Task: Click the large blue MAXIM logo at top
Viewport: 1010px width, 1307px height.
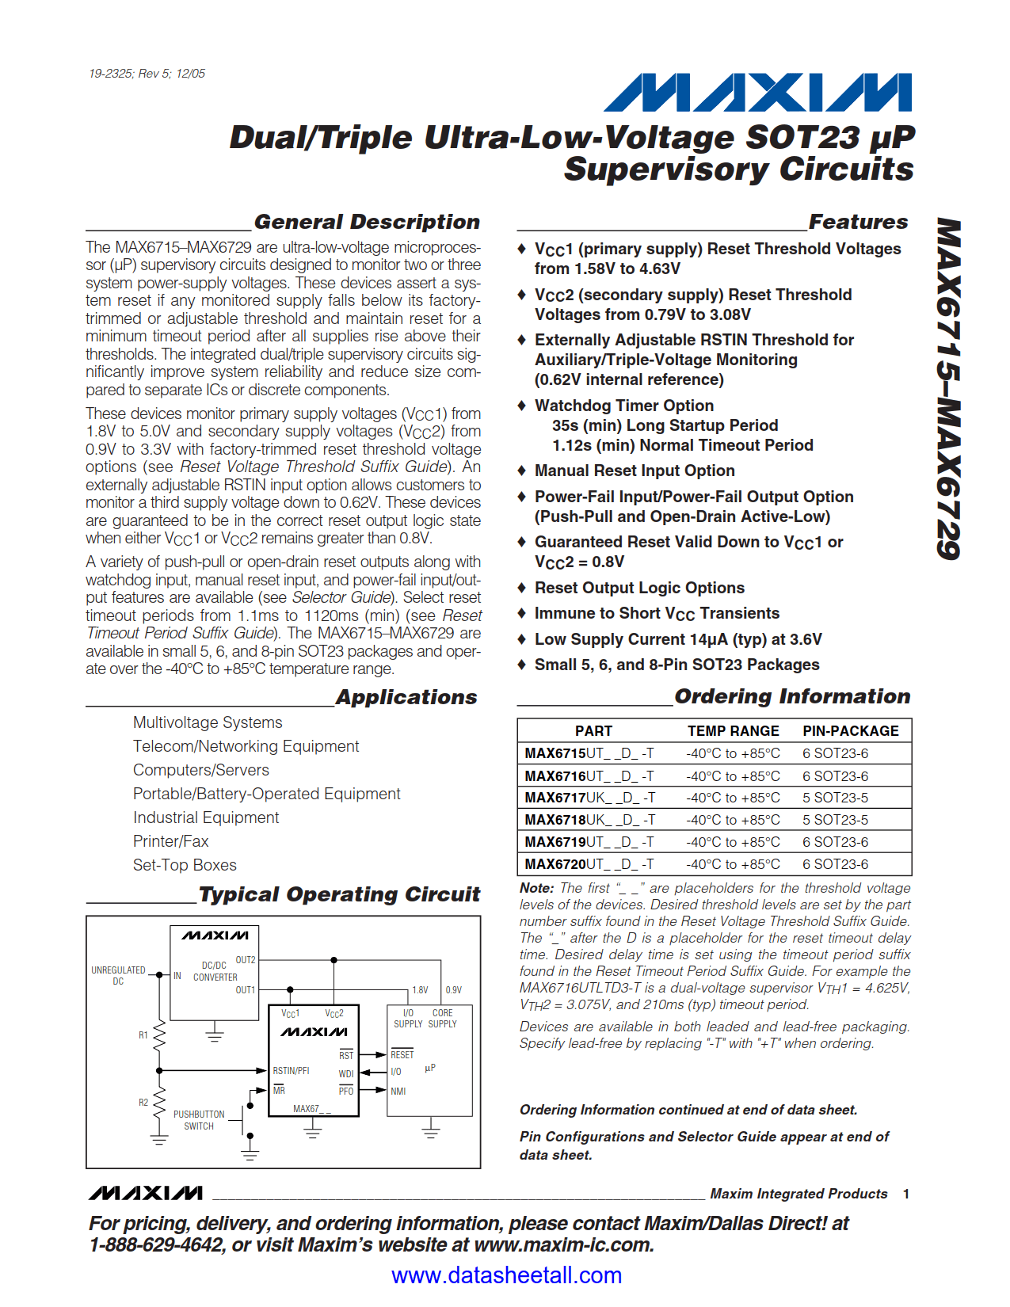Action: point(757,93)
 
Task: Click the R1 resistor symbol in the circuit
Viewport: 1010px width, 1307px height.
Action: point(159,1035)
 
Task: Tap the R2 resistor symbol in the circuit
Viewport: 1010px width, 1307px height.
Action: point(159,1102)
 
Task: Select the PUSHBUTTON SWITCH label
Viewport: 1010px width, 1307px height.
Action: point(199,1120)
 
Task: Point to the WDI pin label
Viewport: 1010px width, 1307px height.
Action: point(346,1074)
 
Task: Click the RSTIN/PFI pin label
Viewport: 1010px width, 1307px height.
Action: point(291,1071)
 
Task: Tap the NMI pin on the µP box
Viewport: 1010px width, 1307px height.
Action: point(398,1092)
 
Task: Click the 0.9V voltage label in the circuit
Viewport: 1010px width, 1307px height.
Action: point(453,990)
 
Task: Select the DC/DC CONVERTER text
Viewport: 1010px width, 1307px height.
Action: point(215,971)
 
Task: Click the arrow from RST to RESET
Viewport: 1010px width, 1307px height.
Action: point(372,1055)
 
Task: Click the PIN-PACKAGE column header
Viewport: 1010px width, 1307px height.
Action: point(850,731)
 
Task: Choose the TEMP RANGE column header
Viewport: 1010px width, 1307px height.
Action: point(733,731)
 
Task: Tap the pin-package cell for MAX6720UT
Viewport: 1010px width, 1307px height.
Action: point(835,864)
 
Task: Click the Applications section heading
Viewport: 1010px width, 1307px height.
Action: point(406,697)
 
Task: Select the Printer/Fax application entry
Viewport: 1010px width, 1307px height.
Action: point(170,841)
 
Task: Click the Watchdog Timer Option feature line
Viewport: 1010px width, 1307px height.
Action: point(623,406)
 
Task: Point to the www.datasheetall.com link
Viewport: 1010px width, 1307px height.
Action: point(506,1275)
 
